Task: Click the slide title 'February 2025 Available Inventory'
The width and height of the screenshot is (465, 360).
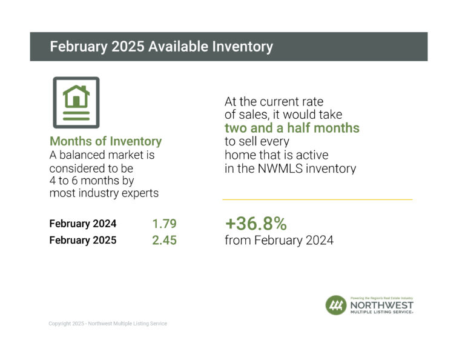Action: (161, 47)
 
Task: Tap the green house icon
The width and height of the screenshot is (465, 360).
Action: (76, 96)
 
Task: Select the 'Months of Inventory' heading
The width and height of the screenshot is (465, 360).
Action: (105, 141)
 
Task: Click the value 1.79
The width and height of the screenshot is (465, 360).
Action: (164, 224)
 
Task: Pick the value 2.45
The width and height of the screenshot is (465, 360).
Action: (164, 240)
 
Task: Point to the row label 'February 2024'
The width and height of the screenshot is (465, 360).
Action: (83, 224)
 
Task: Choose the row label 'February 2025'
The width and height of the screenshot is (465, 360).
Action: (83, 240)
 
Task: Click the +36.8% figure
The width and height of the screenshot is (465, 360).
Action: (256, 224)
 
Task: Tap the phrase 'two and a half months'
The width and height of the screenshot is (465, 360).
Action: (292, 128)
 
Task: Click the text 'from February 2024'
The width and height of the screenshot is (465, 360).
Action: (279, 240)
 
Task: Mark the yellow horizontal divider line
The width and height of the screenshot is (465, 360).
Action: (317, 199)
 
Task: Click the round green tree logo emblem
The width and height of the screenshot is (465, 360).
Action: (336, 305)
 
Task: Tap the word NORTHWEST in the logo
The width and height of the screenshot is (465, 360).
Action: (381, 305)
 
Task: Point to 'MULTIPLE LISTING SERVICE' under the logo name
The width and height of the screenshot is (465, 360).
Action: (381, 312)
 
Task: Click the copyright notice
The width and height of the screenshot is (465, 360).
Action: (108, 324)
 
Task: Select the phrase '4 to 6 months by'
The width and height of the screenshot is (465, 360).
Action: (91, 181)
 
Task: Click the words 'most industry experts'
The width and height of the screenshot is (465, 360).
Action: (104, 193)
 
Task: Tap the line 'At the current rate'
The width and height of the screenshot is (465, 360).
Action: (274, 102)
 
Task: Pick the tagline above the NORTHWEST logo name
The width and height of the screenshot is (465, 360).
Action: (381, 298)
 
